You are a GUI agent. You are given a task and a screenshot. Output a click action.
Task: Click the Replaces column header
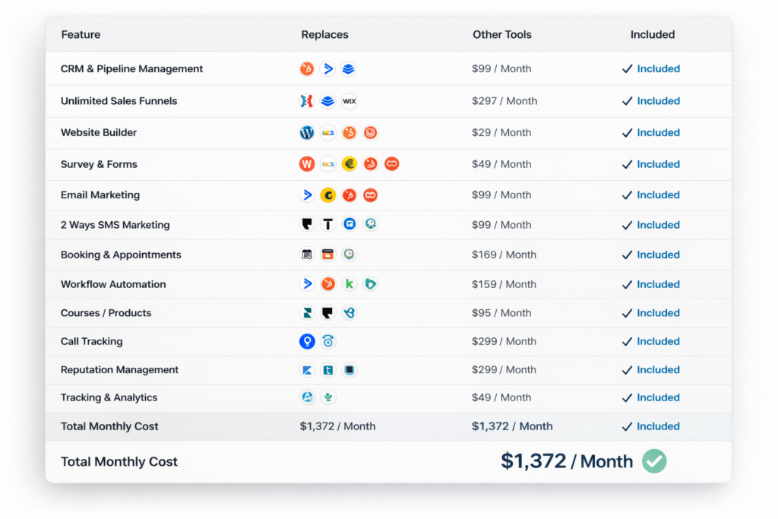coord(324,35)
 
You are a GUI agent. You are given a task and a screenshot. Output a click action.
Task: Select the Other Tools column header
coord(501,35)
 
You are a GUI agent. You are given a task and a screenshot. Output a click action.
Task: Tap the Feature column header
coord(81,35)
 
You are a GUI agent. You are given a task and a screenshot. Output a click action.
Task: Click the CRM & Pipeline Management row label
coord(131,69)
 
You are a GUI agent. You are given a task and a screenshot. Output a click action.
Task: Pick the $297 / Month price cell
coord(504,101)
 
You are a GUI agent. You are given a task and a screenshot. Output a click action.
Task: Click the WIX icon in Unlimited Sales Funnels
coord(349,101)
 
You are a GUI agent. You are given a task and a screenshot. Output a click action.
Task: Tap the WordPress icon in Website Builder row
coord(307,132)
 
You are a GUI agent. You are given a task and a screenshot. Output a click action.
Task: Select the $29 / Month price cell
coord(501,132)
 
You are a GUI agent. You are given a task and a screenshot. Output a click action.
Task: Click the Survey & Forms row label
coord(99,164)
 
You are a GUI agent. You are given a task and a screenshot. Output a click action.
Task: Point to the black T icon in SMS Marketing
coord(328,224)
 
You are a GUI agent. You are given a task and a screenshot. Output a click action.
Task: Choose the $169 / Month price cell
coord(504,255)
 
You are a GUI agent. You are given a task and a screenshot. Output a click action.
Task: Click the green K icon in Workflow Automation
coord(349,283)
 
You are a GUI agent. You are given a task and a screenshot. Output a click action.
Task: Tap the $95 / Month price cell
coord(501,313)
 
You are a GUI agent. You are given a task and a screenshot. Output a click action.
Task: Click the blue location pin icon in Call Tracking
coord(307,341)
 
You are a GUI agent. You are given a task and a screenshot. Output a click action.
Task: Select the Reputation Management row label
coord(119,369)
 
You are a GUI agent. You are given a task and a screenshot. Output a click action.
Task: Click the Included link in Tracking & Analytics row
coord(658,397)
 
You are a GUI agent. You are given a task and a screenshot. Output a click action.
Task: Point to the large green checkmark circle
coord(654,461)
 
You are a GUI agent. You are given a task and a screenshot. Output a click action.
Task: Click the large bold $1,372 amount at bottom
coord(533,461)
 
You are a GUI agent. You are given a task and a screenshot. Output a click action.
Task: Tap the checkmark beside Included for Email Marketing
coord(627,195)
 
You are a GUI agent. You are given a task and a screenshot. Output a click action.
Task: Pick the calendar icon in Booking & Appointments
coord(307,255)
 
